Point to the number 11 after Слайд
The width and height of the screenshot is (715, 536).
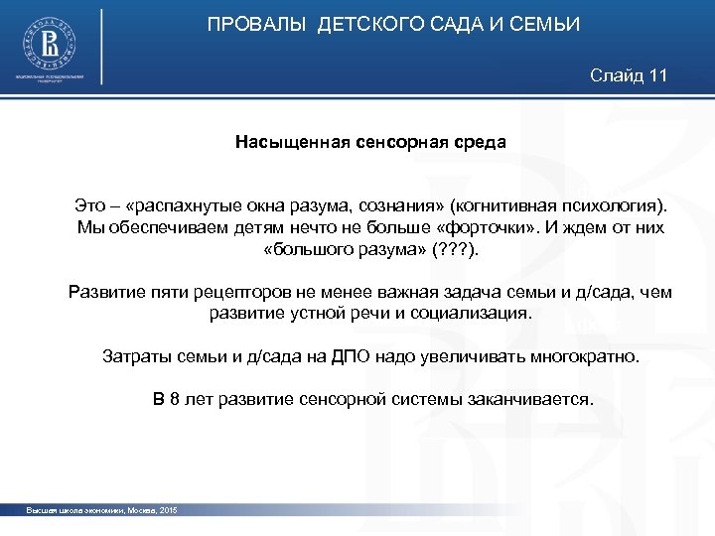[x=657, y=75]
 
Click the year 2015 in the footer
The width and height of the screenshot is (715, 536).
[x=167, y=509]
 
